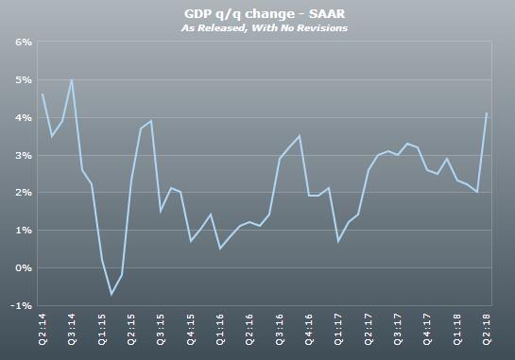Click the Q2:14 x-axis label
(44, 331)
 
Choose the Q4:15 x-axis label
(191, 331)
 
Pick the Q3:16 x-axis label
(280, 331)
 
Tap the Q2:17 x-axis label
(369, 331)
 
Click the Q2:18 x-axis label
(487, 331)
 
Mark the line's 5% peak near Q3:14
(72, 80)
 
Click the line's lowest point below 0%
(111, 294)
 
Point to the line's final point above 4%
(487, 113)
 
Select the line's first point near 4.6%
(43, 94)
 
